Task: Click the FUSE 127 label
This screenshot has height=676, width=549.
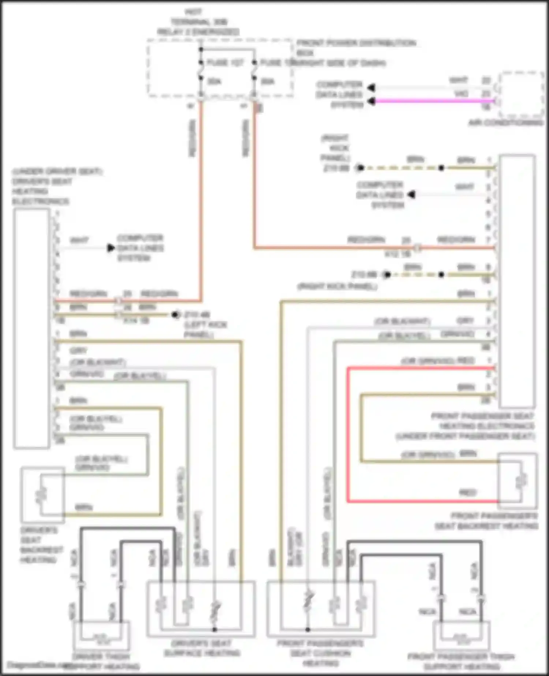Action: [225, 63]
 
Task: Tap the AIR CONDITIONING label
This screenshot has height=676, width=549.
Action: [506, 123]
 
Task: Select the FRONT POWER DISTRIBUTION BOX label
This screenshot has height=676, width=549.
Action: [356, 48]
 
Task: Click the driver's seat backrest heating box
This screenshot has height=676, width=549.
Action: [42, 494]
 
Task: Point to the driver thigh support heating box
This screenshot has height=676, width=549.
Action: [101, 639]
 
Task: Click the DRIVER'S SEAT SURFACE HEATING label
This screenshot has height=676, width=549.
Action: [202, 658]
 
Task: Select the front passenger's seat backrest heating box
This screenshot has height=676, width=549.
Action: [518, 481]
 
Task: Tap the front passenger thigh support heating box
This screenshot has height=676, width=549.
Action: [461, 639]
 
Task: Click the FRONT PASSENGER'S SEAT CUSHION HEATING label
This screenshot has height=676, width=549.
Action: [320, 658]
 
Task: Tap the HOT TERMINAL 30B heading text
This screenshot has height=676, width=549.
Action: [198, 22]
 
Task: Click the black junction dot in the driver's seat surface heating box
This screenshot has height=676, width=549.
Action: [215, 629]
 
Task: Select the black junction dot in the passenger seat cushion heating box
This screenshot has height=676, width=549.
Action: [308, 629]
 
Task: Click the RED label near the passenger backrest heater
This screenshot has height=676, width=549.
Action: [467, 493]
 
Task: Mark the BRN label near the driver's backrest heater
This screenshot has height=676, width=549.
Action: [83, 508]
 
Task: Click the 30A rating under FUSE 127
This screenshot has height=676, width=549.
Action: [214, 81]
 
